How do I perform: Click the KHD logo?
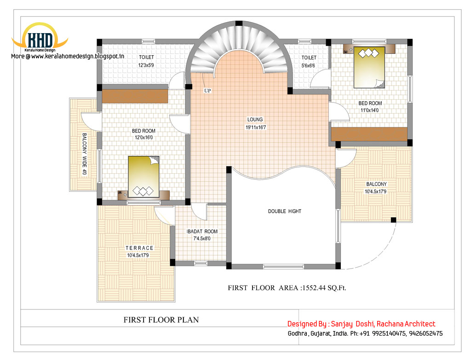[x=40, y=37]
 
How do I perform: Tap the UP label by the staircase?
[x=207, y=91]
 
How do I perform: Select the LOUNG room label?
[x=255, y=120]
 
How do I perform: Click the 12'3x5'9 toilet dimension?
[x=146, y=65]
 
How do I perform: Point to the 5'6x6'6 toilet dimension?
[x=308, y=65]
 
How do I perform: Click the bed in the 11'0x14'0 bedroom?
[x=369, y=67]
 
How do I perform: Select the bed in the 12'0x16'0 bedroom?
[x=144, y=177]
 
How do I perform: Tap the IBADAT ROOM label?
[x=202, y=231]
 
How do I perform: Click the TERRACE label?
[x=139, y=248]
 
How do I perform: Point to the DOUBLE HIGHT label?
[x=284, y=211]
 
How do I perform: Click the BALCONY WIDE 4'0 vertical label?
[x=85, y=154]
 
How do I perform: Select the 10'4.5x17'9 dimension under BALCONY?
[x=375, y=192]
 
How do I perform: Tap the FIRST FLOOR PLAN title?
[x=161, y=320]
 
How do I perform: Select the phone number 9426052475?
[x=425, y=334]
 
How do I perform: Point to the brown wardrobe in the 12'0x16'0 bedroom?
[x=135, y=96]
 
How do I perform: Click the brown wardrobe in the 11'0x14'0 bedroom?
[x=369, y=134]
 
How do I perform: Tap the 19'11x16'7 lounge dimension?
[x=256, y=127]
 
